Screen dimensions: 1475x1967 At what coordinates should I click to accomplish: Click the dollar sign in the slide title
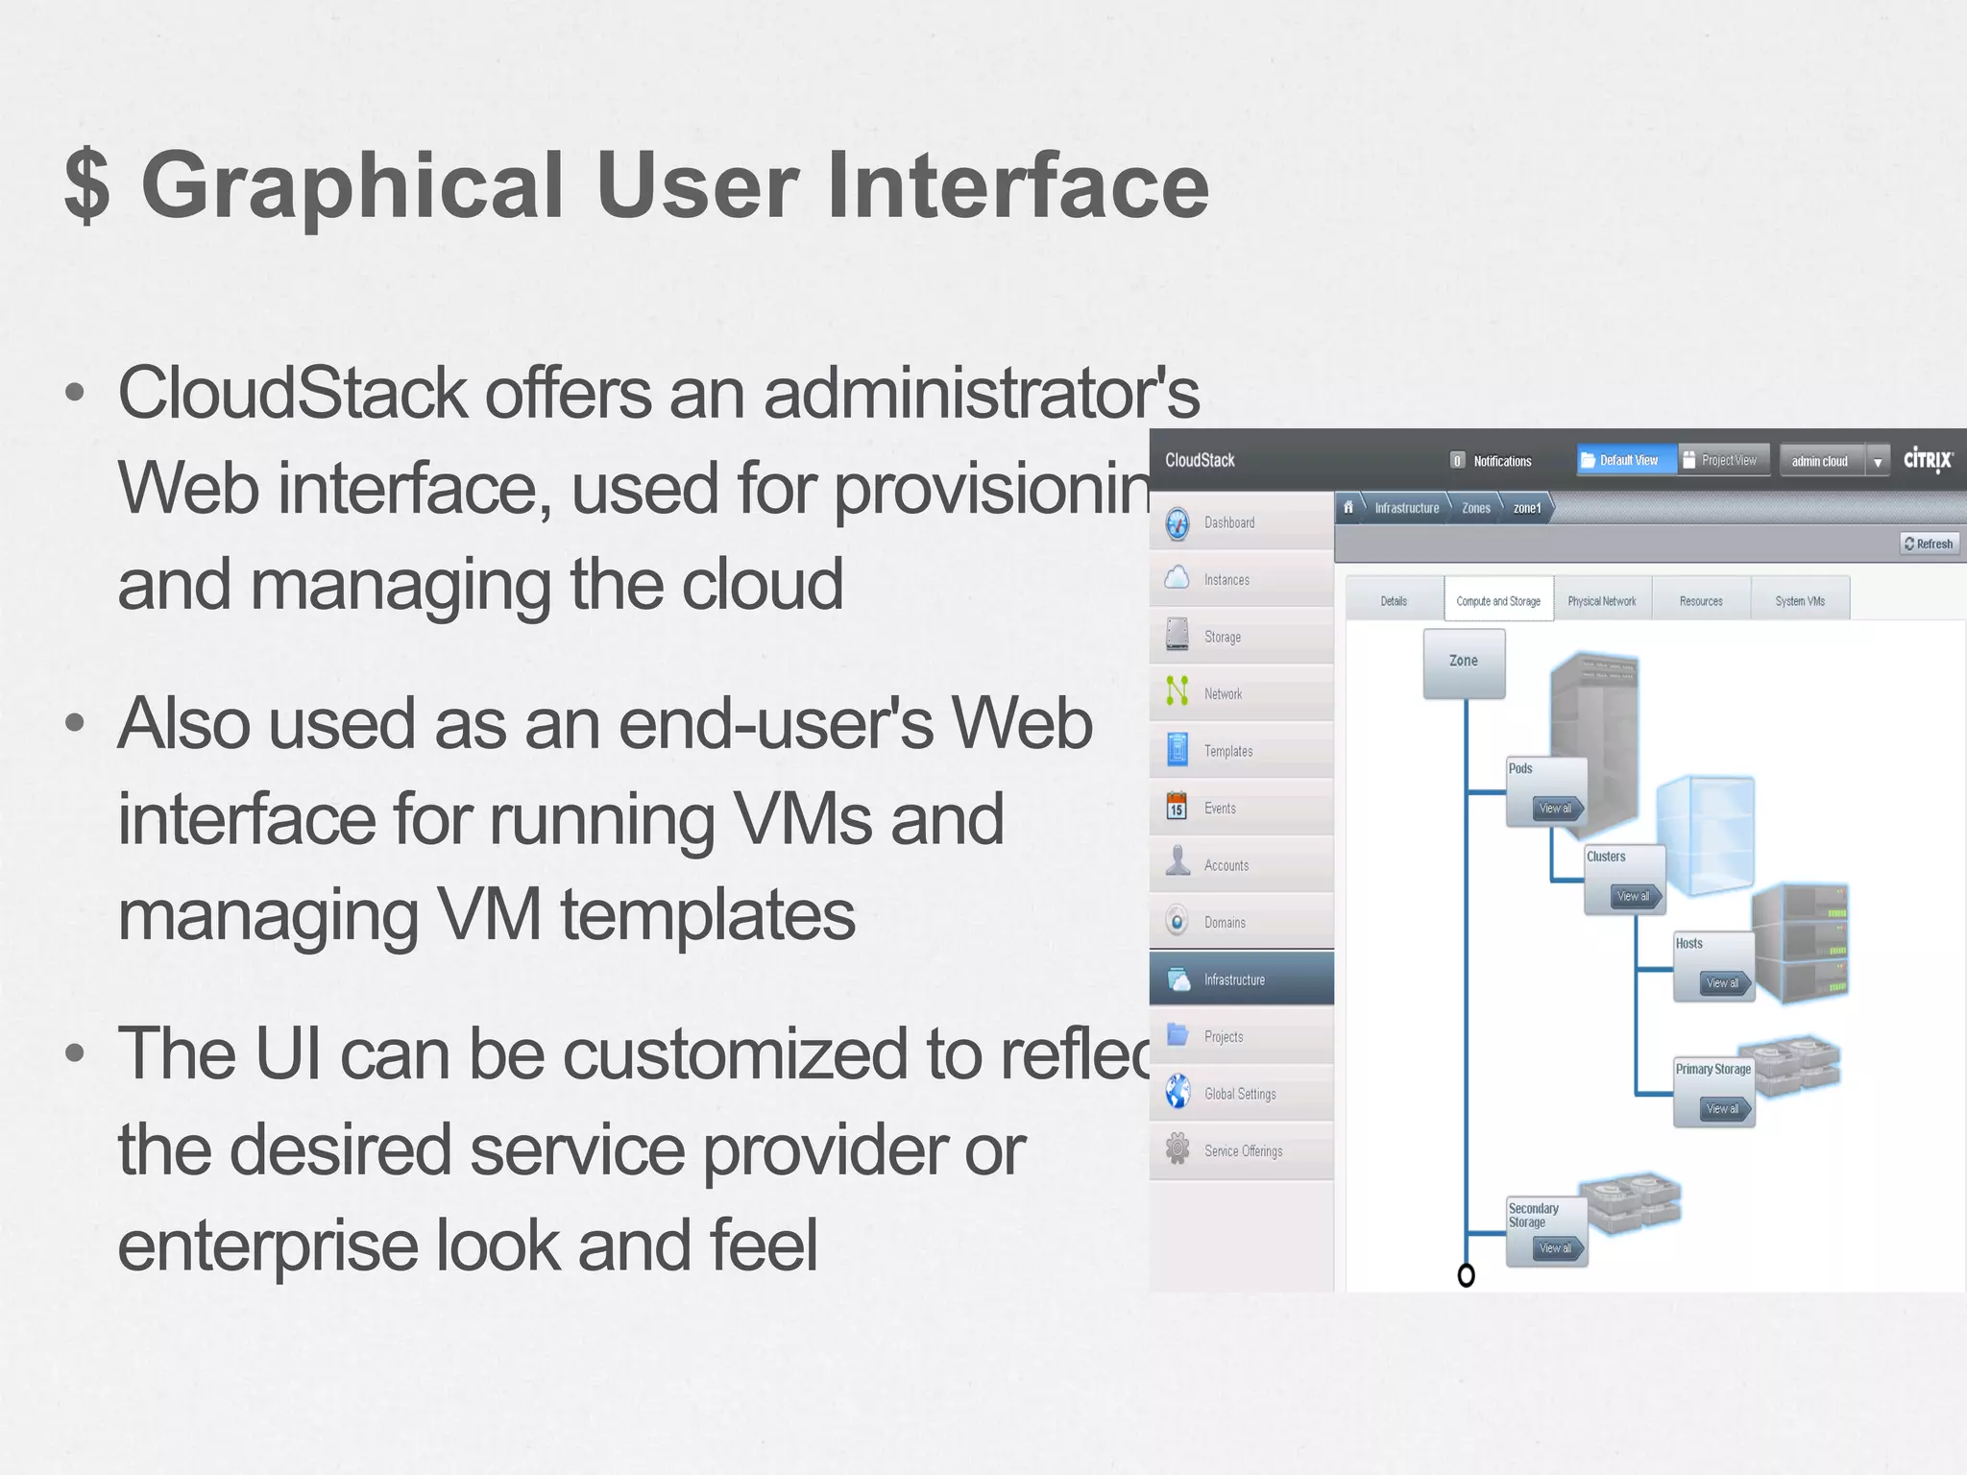87,185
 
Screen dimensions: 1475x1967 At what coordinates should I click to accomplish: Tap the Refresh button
1929,544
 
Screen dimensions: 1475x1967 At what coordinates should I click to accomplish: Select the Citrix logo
1928,460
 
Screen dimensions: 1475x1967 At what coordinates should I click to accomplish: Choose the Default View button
1627,460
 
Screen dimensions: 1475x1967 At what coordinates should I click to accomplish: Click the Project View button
1725,460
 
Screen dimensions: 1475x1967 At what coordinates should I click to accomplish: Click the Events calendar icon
1177,808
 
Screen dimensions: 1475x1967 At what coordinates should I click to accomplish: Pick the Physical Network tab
1601,601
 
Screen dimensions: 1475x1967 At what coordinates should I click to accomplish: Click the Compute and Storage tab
1497,601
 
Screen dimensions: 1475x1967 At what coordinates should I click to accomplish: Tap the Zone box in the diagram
1463,662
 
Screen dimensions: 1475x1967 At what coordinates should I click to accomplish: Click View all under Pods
1555,809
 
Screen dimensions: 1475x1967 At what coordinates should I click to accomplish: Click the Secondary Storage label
1533,1215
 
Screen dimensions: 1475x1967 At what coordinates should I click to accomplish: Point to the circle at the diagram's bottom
1466,1275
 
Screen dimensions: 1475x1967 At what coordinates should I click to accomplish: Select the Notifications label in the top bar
1502,461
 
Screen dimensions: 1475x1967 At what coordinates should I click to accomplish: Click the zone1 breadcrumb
1526,508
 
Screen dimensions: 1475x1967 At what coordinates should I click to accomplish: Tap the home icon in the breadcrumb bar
1348,507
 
